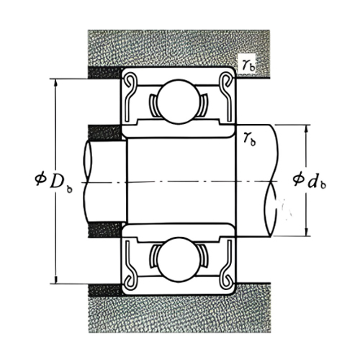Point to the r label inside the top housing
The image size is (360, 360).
(x=248, y=65)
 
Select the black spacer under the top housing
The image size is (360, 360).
(x=104, y=72)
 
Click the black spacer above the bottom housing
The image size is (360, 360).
(x=104, y=289)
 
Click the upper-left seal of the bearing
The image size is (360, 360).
(x=132, y=94)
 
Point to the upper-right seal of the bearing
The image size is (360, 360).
(x=224, y=94)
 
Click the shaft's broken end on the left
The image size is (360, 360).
(x=85, y=180)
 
